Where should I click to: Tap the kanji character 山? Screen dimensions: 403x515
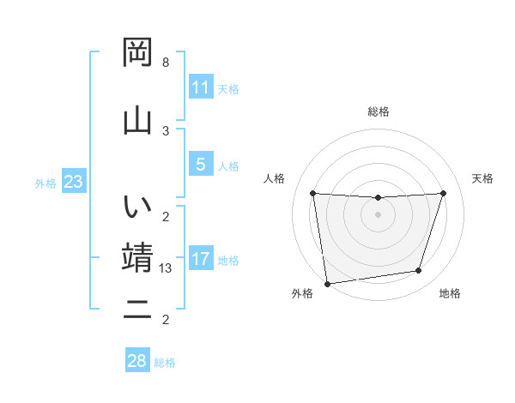coord(137,119)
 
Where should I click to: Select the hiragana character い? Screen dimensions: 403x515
coord(137,208)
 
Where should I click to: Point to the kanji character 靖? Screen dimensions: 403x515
coord(137,257)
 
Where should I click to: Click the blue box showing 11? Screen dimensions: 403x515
coord(201,87)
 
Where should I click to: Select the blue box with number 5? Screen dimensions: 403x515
coord(201,165)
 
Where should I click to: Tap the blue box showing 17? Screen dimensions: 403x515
coord(201,259)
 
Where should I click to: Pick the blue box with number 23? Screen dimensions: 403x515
coord(73,182)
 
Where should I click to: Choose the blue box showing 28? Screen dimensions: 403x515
coord(137,361)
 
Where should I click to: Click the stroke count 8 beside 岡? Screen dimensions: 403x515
coord(166,63)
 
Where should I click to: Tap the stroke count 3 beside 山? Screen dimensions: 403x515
coord(166,130)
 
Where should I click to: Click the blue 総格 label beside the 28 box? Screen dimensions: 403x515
coord(165,363)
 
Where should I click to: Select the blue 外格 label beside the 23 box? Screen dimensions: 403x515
coord(45,183)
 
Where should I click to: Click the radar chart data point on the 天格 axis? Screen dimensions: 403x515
coord(443,193)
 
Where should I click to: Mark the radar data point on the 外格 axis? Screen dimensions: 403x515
coord(327,283)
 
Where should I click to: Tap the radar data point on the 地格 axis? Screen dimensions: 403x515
coord(419,271)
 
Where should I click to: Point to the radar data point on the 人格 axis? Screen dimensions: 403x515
coord(312,193)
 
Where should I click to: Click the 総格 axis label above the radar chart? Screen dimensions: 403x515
coord(379,111)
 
